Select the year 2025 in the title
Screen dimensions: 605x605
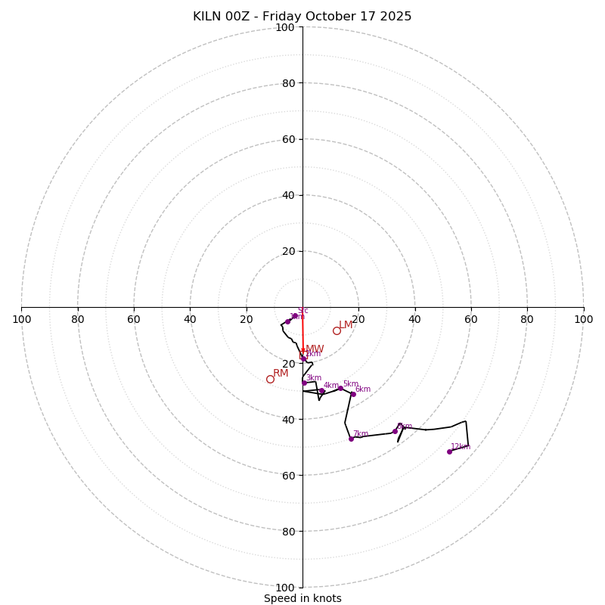[x=396, y=17]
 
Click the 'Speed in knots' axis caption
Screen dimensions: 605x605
[x=302, y=598]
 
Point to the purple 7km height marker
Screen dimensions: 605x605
[x=351, y=439]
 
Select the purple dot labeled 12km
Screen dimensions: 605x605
[x=449, y=451]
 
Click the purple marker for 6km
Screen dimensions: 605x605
[x=353, y=394]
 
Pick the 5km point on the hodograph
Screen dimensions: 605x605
[x=340, y=389]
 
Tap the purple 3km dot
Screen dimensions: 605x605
[x=304, y=383]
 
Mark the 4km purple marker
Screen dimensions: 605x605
[x=321, y=391]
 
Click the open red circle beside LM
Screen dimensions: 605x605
[x=337, y=330]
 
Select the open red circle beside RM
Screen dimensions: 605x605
[x=270, y=379]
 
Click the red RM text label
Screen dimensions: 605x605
[x=281, y=373]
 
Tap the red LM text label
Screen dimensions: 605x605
[x=346, y=324]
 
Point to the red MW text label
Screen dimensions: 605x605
[x=315, y=349]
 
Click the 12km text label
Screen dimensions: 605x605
[x=461, y=446]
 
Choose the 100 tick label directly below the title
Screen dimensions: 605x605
[x=284, y=28]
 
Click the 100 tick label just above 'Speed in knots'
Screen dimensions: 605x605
[x=284, y=588]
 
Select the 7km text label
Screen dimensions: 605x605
[x=361, y=434]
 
